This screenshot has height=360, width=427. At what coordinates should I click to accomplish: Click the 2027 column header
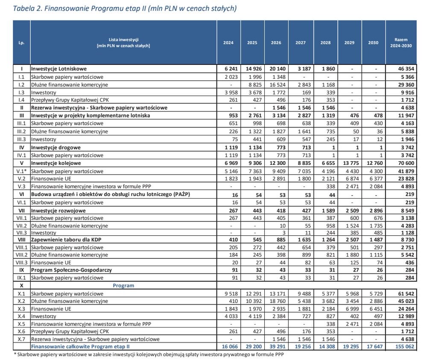click(x=300, y=42)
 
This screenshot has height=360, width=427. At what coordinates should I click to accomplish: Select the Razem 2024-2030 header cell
click(x=401, y=43)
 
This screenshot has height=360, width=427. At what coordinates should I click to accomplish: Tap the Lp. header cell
click(x=21, y=43)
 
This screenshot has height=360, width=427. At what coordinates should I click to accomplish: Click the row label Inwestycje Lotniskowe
click(x=59, y=69)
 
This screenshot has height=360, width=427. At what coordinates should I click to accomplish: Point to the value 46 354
click(x=406, y=69)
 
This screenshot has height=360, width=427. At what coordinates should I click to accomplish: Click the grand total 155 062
click(x=405, y=347)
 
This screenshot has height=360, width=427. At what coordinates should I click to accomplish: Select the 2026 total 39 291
click(x=278, y=347)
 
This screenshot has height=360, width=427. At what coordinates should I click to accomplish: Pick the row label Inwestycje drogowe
click(x=56, y=148)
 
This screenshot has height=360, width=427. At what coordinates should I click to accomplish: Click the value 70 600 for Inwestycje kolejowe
click(x=406, y=163)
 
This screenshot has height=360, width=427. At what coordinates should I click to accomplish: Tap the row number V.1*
click(x=21, y=171)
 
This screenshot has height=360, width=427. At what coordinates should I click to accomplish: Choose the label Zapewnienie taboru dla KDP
click(x=66, y=240)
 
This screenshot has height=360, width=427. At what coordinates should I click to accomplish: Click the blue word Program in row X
click(x=123, y=286)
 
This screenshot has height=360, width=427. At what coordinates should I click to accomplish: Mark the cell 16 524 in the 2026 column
click(x=278, y=85)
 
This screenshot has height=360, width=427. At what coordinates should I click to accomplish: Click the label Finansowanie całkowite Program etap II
click(x=80, y=347)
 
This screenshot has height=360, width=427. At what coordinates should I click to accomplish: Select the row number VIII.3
click(x=21, y=263)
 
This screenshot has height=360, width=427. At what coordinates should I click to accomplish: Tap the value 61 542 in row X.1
click(x=406, y=294)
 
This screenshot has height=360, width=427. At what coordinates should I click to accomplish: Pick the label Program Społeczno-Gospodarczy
click(x=71, y=270)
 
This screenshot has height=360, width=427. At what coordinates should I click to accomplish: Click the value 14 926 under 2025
click(x=254, y=69)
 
